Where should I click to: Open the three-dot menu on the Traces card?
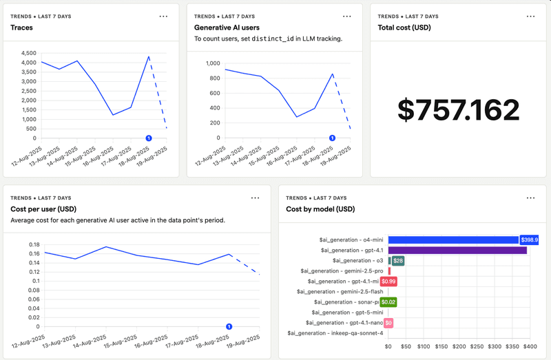(163, 16)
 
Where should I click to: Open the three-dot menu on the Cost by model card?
(530, 198)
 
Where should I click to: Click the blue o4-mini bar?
(453, 240)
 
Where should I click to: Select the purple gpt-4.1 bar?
(457, 251)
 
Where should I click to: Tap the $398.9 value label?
(529, 240)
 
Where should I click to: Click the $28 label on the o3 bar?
(398, 261)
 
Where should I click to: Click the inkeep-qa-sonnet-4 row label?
(335, 333)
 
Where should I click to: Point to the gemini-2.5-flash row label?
(339, 292)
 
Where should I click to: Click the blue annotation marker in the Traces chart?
(149, 138)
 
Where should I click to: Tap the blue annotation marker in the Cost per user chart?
(229, 326)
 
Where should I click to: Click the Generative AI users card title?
(227, 28)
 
